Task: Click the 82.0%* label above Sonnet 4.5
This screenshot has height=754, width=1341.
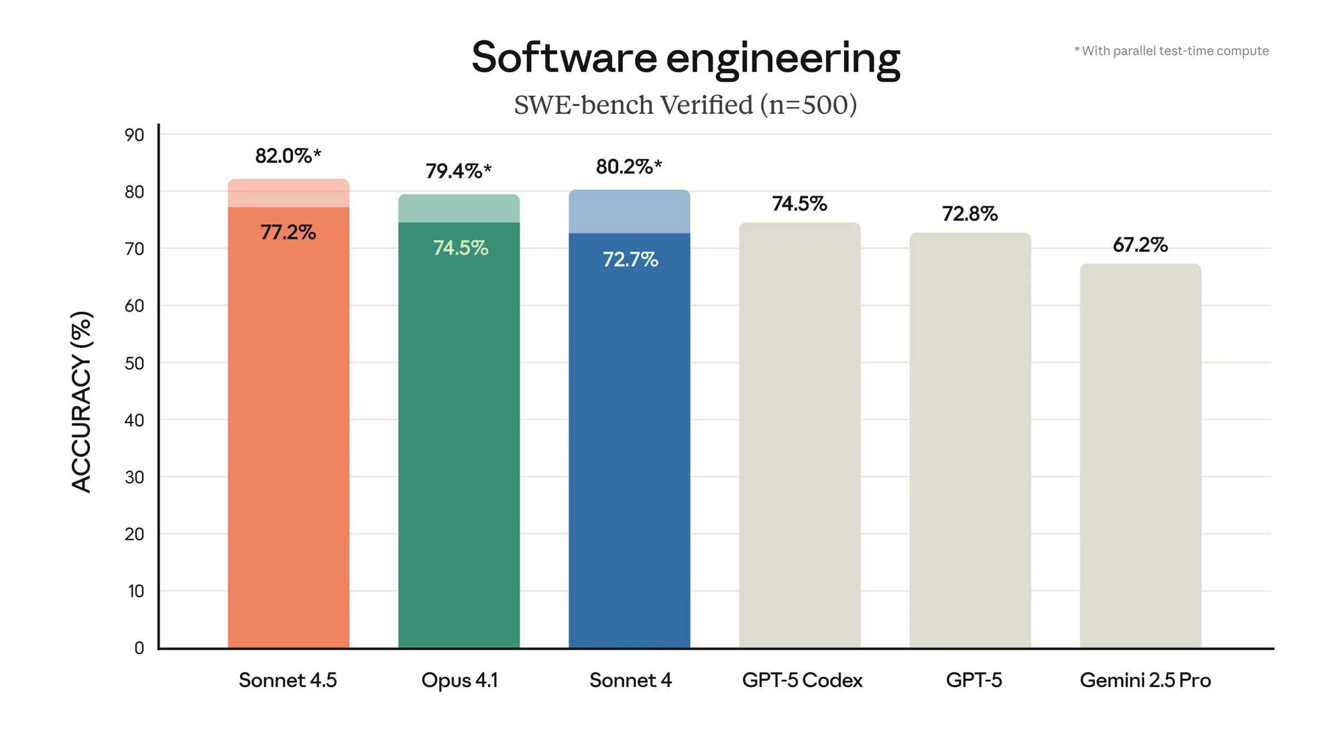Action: (288, 156)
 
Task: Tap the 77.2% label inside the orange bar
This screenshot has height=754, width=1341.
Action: (288, 233)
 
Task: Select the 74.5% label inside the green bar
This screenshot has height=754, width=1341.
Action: (460, 248)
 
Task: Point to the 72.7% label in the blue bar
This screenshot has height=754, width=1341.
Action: (630, 259)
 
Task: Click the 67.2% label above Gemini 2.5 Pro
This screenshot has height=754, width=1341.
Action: (1140, 245)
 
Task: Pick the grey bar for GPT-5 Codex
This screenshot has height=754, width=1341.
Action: (799, 436)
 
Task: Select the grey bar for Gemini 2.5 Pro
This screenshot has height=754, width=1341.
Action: (1140, 456)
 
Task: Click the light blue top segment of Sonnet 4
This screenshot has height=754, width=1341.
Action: (629, 212)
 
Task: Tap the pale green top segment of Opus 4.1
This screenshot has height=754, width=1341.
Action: (459, 208)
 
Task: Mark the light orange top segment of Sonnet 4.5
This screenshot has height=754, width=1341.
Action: (288, 193)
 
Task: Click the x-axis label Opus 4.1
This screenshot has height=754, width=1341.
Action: (459, 680)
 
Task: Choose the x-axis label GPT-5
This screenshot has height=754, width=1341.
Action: (974, 680)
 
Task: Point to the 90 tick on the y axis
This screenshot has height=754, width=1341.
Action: (134, 135)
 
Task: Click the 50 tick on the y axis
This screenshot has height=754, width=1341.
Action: (134, 363)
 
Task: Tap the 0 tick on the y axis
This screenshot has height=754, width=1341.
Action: (139, 648)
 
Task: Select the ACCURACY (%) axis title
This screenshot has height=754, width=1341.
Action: (81, 402)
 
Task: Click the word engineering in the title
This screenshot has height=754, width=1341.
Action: (782, 59)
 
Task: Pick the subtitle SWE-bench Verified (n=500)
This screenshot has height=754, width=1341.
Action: (685, 105)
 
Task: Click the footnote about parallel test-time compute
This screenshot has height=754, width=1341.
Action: (1171, 51)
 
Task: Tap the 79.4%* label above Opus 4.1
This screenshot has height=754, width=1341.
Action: (458, 172)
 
